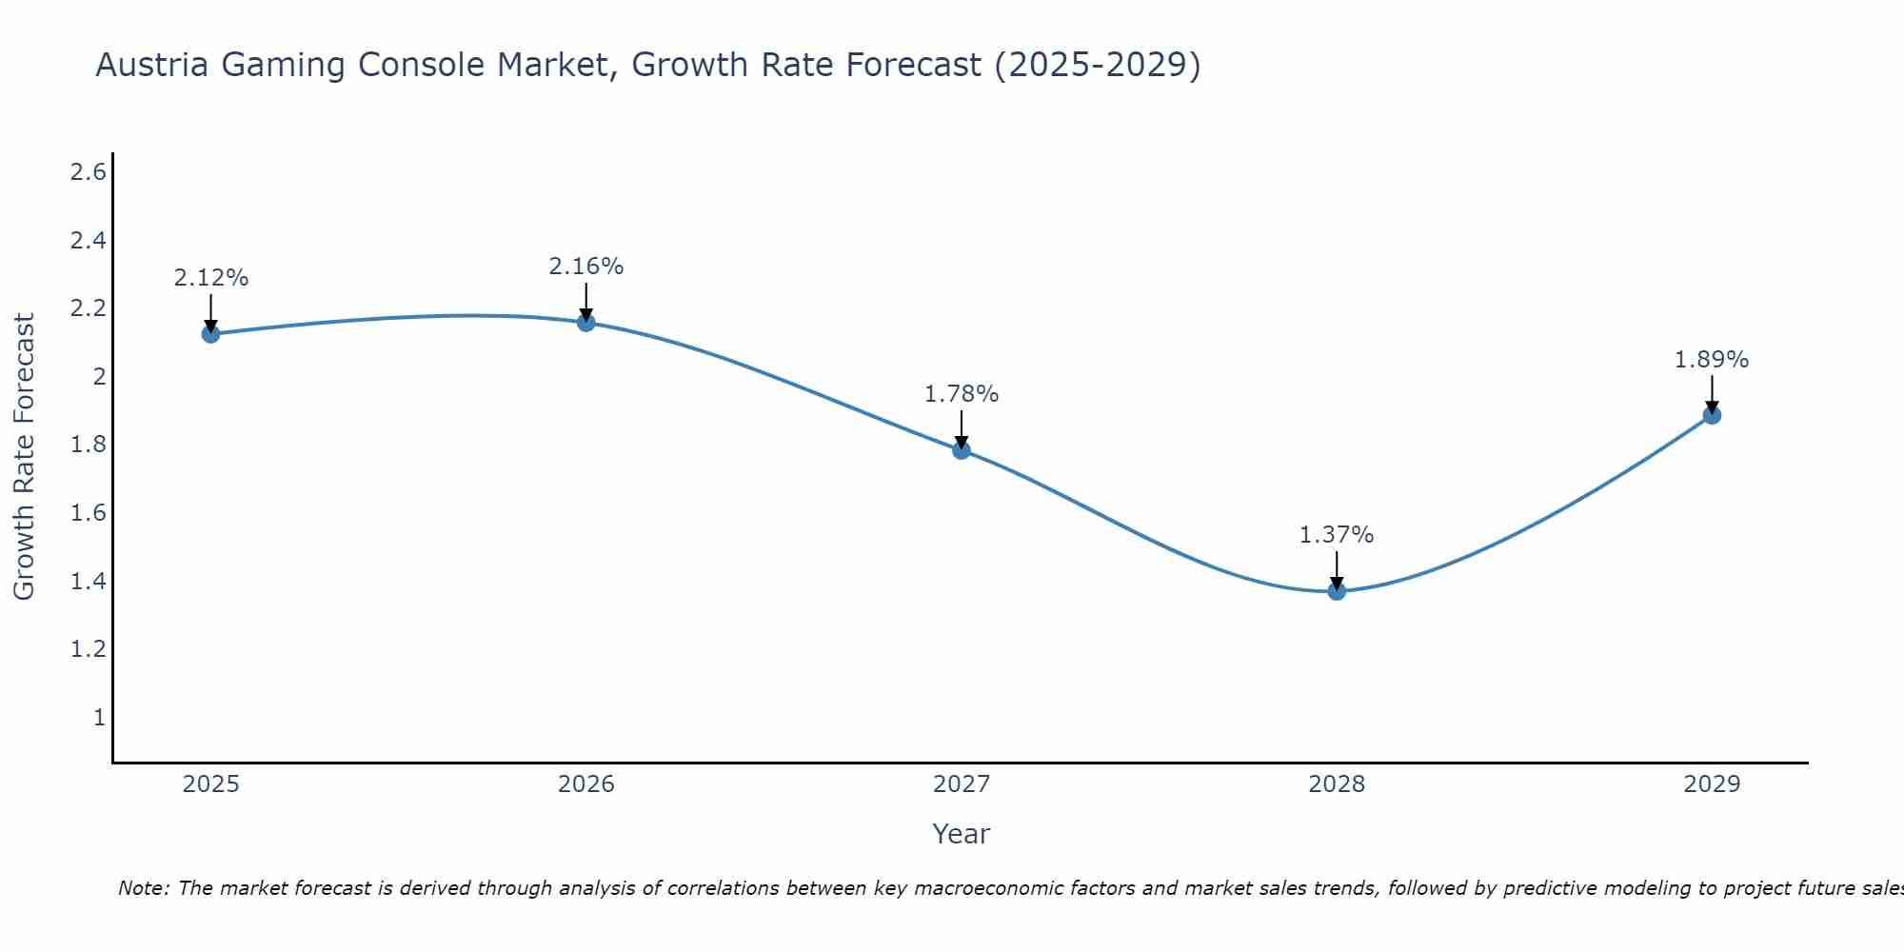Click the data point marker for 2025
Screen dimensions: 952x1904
[210, 333]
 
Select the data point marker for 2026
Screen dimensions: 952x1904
[586, 322]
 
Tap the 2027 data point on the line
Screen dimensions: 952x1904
[962, 449]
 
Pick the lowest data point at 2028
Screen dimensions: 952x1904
[1337, 590]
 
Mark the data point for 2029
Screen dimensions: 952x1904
[1712, 414]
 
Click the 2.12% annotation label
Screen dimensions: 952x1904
[210, 278]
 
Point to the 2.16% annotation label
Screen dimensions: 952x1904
[586, 267]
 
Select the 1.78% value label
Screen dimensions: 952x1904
[962, 394]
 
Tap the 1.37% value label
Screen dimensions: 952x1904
[1337, 535]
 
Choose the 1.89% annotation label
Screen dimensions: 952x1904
[1712, 360]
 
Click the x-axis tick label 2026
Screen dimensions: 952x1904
[586, 784]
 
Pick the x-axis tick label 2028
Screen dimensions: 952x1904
[1337, 784]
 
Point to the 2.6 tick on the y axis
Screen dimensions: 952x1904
[88, 172]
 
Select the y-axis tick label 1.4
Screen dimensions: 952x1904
[88, 582]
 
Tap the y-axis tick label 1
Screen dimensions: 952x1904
[99, 718]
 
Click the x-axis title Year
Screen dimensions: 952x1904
[962, 834]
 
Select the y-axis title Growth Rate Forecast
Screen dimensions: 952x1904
[25, 457]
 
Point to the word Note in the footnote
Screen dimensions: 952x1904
[142, 888]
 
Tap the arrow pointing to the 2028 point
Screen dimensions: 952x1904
[1337, 569]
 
